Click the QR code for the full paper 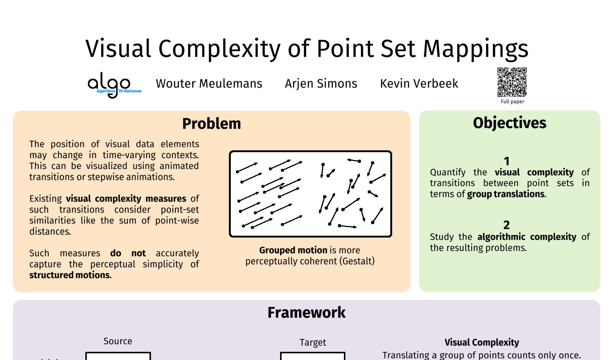(x=512, y=82)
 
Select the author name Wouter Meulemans (x=209, y=84)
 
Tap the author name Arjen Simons (x=321, y=84)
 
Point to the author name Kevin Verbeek (x=419, y=84)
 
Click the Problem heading (x=211, y=123)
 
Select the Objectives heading (x=510, y=123)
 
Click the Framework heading (x=306, y=312)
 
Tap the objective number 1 (x=506, y=161)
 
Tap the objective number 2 (x=506, y=225)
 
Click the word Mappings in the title (x=476, y=49)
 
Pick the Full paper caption (x=512, y=101)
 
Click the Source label (x=118, y=341)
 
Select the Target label (x=313, y=343)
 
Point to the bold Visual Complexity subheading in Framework (x=482, y=343)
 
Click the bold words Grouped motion (x=293, y=250)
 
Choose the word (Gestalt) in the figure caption (x=357, y=261)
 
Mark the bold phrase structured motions (x=70, y=275)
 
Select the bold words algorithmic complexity (x=527, y=237)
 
